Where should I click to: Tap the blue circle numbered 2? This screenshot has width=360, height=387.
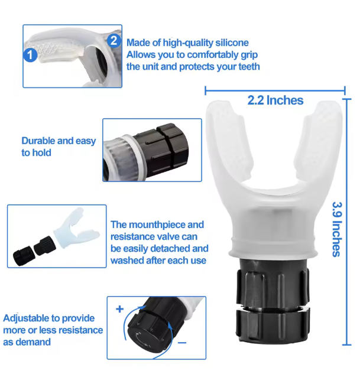point(114,41)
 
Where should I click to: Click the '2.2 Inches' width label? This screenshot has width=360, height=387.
point(275,100)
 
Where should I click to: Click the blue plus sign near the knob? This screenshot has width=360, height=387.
point(119,309)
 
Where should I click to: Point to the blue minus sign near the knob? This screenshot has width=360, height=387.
point(181,342)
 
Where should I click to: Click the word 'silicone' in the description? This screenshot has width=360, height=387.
point(229,43)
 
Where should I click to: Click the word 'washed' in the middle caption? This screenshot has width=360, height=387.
point(129,260)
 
